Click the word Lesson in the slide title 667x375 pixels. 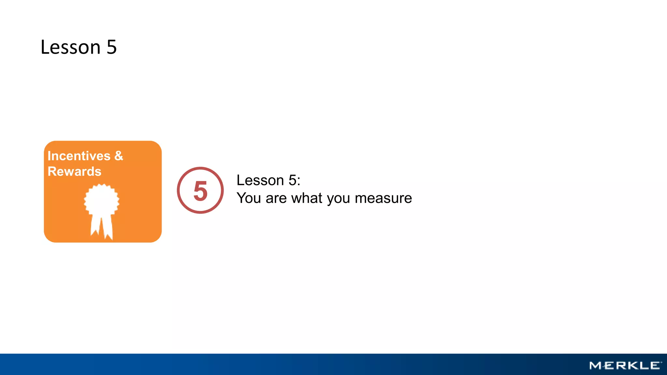[70, 47]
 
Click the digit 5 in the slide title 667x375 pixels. [112, 47]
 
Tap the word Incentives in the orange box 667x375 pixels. [79, 156]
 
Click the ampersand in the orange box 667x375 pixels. [119, 156]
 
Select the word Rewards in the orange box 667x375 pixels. [74, 172]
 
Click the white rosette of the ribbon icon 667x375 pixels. [102, 200]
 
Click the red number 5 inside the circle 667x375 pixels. [200, 191]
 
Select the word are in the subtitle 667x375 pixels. [276, 198]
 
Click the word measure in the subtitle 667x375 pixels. [383, 198]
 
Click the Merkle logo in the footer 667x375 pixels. [625, 366]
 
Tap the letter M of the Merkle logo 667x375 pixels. [596, 366]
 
